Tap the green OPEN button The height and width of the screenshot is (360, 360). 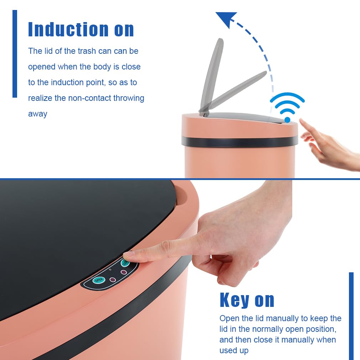coord(99,280)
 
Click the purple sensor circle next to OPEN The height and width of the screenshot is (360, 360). coord(113,280)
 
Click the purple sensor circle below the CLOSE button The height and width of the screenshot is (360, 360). coord(124,272)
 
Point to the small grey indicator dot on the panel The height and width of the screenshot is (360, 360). coord(110,269)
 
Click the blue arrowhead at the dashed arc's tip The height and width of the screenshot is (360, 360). coord(226,19)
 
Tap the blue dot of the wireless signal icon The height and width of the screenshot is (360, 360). coord(287,120)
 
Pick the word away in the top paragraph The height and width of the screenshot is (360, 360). coord(38,114)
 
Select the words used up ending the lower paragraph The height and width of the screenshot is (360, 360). coord(234,350)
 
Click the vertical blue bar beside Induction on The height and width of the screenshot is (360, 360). coord(15,54)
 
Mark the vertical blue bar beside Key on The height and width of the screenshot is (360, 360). coord(351,316)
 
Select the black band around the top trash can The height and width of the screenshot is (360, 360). coord(240,142)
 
